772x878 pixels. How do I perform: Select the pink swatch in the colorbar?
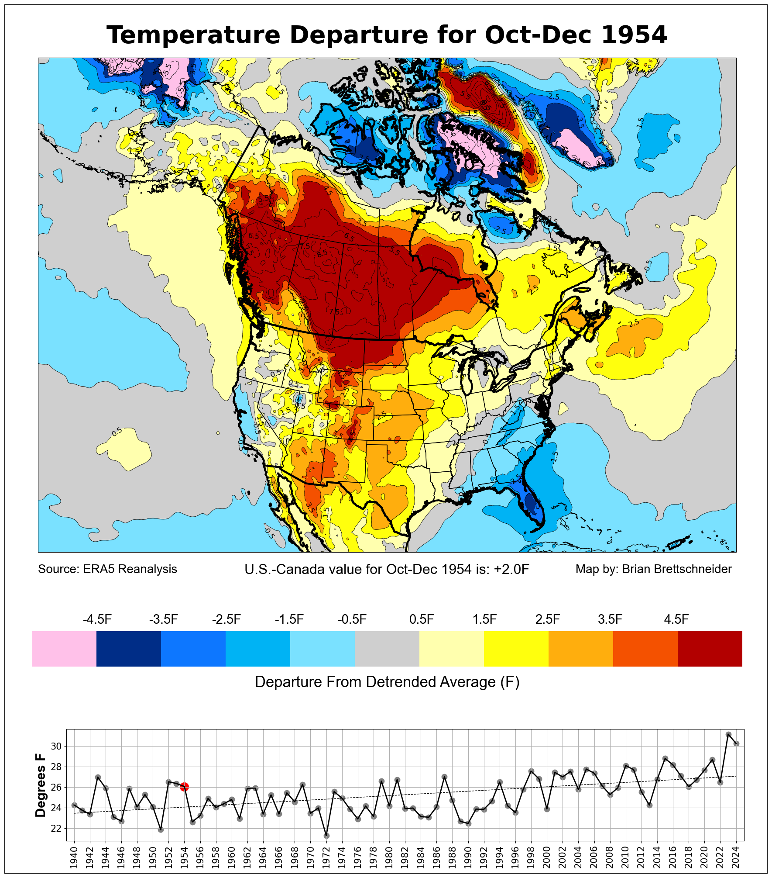click(64, 649)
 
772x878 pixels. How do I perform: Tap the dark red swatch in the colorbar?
click(710, 649)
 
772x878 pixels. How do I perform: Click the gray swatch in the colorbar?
click(387, 649)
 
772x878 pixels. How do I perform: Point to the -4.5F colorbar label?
click(97, 619)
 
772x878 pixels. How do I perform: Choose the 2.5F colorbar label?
click(547, 619)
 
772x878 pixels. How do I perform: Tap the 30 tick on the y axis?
click(56, 746)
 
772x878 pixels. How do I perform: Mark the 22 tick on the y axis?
click(56, 828)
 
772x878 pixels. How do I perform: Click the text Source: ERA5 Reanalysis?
click(107, 569)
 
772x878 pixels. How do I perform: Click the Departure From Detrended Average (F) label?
click(387, 682)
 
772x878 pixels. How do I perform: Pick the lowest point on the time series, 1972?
click(326, 836)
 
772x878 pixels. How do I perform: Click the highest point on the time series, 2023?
click(728, 735)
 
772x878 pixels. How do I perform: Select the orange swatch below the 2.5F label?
click(580, 649)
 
